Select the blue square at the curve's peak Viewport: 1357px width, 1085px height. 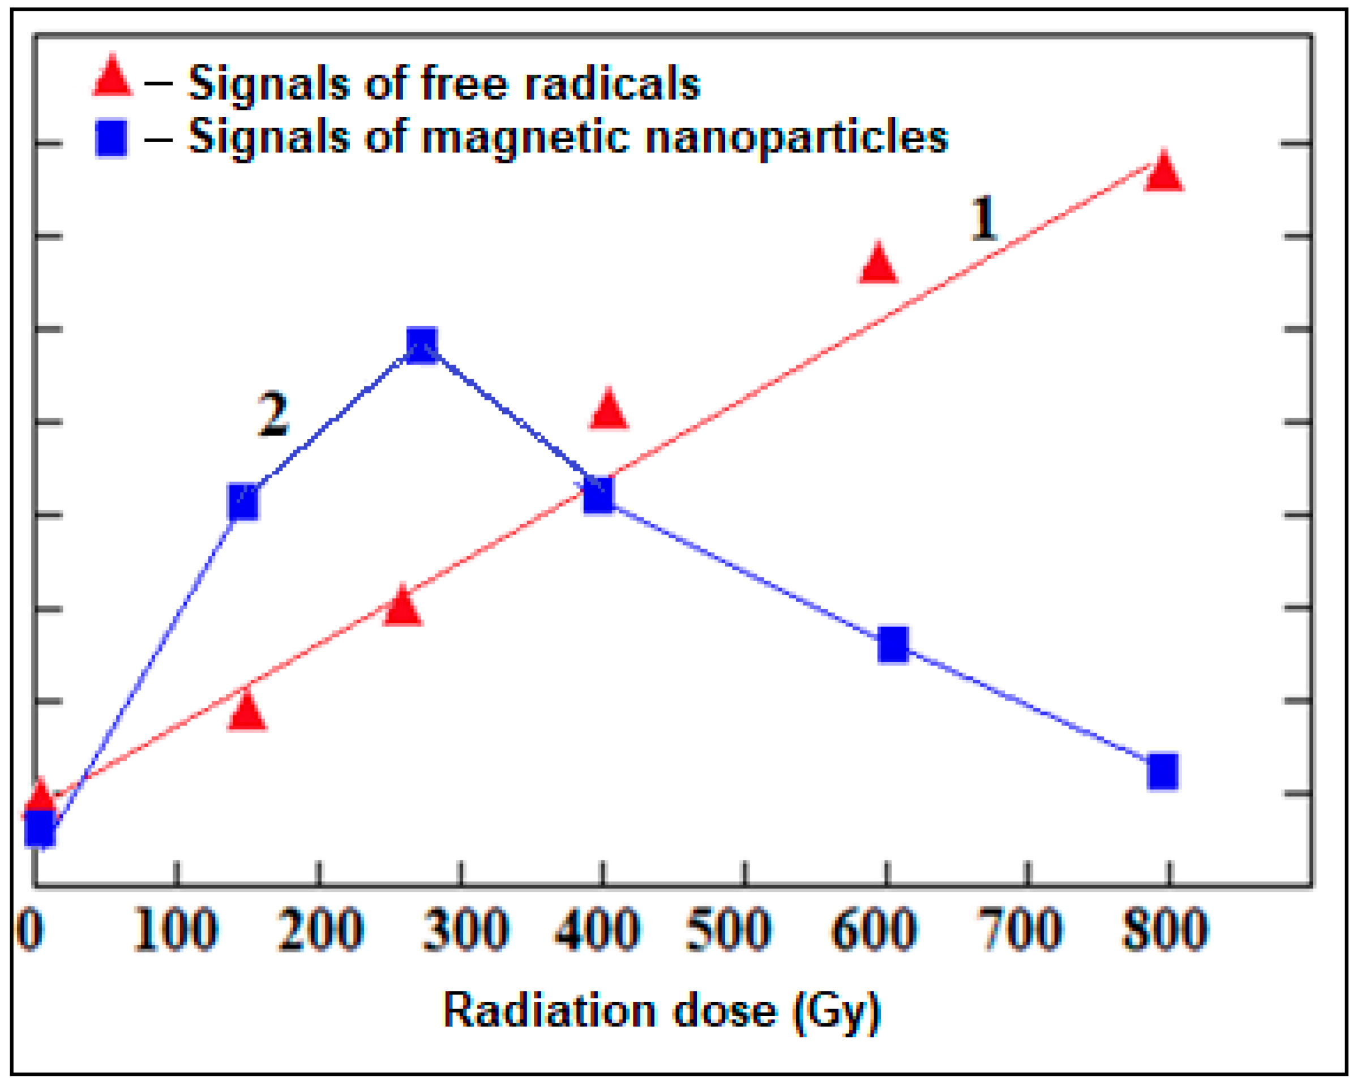pos(422,345)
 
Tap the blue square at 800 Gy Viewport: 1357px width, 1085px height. pos(1162,771)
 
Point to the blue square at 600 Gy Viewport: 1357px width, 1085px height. pos(893,645)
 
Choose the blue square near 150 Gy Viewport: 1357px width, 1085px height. pos(243,502)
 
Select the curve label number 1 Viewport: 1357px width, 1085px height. pos(983,218)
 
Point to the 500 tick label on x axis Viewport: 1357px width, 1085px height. pos(728,930)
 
